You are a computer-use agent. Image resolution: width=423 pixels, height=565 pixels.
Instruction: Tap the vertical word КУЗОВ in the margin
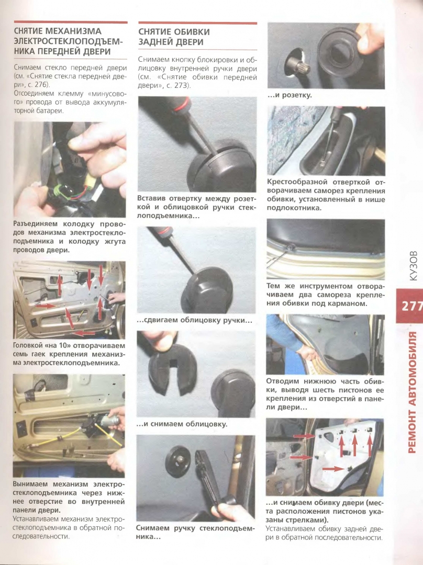click(x=413, y=266)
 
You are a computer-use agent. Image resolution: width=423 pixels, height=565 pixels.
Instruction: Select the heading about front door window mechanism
click(x=68, y=41)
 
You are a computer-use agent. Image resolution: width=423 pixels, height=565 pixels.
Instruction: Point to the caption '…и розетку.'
click(x=290, y=96)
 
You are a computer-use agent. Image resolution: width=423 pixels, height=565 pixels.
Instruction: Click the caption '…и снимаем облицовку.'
click(x=182, y=424)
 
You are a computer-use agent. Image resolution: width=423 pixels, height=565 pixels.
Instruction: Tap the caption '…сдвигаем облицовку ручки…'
click(x=194, y=320)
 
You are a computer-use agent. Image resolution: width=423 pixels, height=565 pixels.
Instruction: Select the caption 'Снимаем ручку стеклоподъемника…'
click(x=195, y=533)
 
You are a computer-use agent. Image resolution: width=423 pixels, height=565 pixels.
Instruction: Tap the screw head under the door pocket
click(x=291, y=247)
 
